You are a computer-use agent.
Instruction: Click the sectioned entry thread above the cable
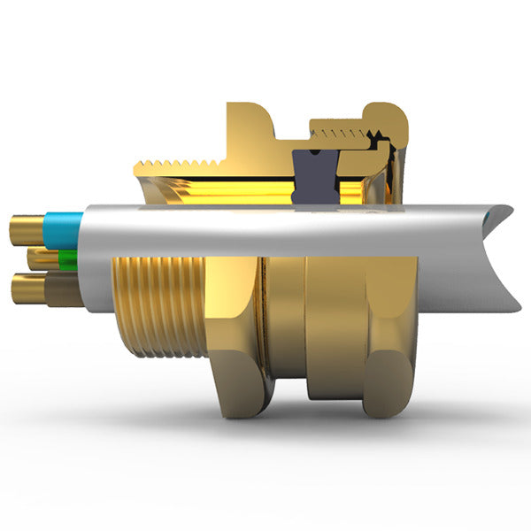coord(177,166)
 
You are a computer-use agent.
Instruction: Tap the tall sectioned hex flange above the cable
coord(252,133)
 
